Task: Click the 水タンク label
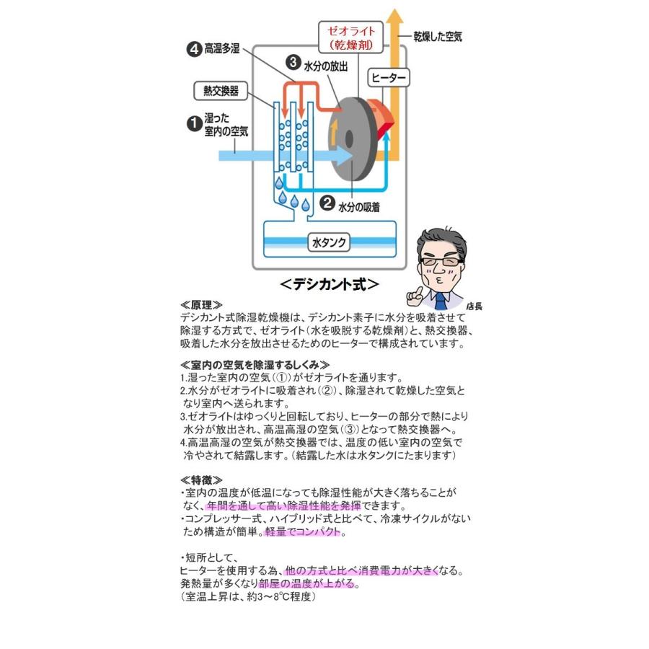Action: pos(327,242)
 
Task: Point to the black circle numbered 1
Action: pos(194,123)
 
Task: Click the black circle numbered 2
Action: pos(327,203)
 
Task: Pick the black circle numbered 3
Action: pos(293,63)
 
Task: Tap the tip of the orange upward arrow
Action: pos(394,10)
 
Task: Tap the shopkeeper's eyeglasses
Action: pos(436,260)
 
